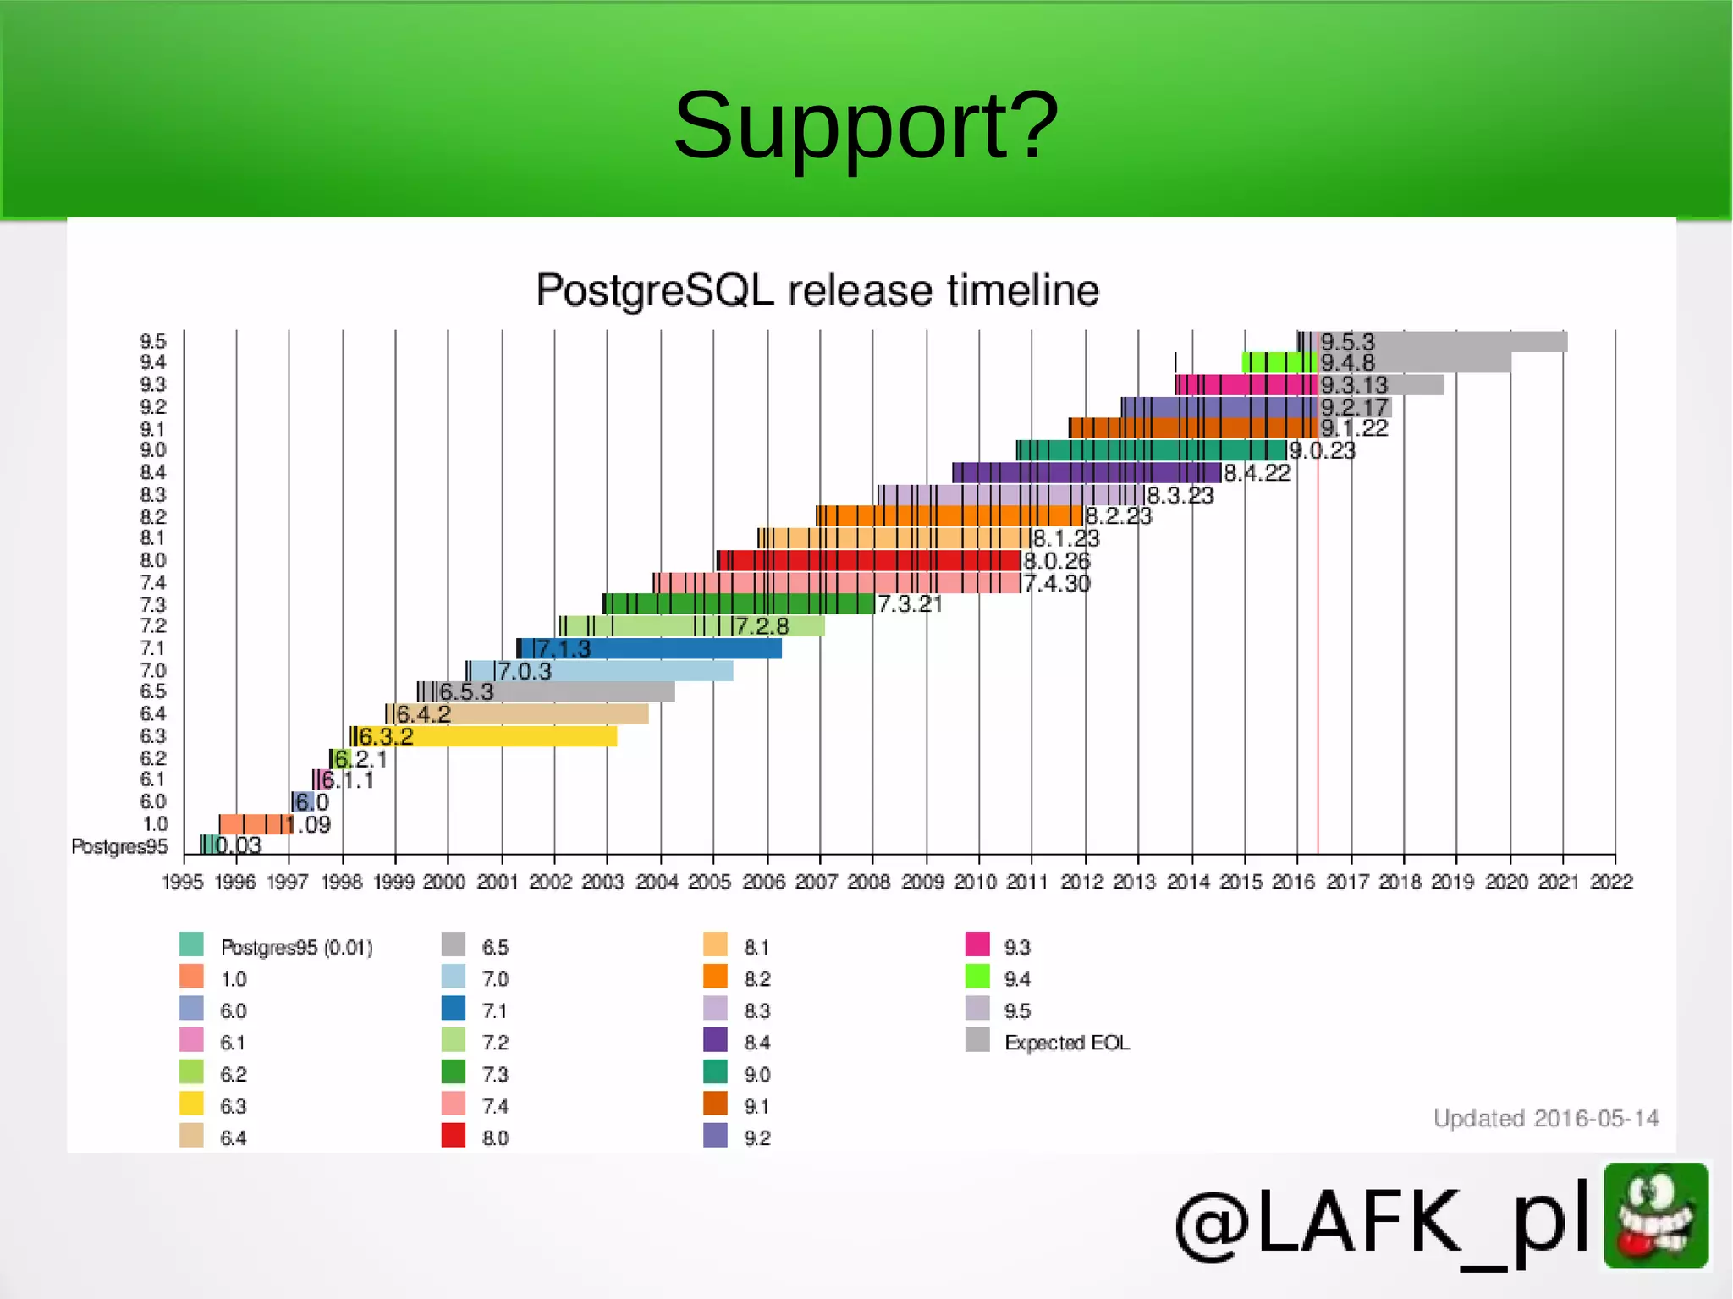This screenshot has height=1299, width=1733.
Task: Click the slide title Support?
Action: point(866,126)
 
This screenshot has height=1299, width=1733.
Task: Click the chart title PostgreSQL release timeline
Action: point(817,290)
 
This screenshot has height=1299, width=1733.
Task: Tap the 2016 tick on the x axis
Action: point(1293,882)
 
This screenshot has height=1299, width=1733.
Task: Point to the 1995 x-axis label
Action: point(183,882)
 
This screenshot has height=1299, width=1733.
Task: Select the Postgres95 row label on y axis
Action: point(119,846)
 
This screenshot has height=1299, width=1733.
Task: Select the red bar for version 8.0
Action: point(872,560)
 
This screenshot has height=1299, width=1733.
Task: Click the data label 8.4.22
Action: point(1257,473)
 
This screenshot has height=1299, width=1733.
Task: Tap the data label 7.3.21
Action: point(910,604)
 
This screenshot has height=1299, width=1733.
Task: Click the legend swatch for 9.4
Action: point(977,977)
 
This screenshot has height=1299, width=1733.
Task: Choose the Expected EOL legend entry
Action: point(1066,1043)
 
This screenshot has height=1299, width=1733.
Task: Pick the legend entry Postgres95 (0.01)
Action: point(296,947)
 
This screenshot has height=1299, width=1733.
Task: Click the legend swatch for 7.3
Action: point(454,1072)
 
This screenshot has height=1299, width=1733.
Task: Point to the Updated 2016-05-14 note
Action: point(1545,1119)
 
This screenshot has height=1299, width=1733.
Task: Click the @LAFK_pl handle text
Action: point(1384,1221)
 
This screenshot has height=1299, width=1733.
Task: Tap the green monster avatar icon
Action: point(1656,1215)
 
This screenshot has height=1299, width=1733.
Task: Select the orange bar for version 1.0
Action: point(254,824)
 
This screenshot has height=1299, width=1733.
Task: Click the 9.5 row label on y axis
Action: point(153,342)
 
